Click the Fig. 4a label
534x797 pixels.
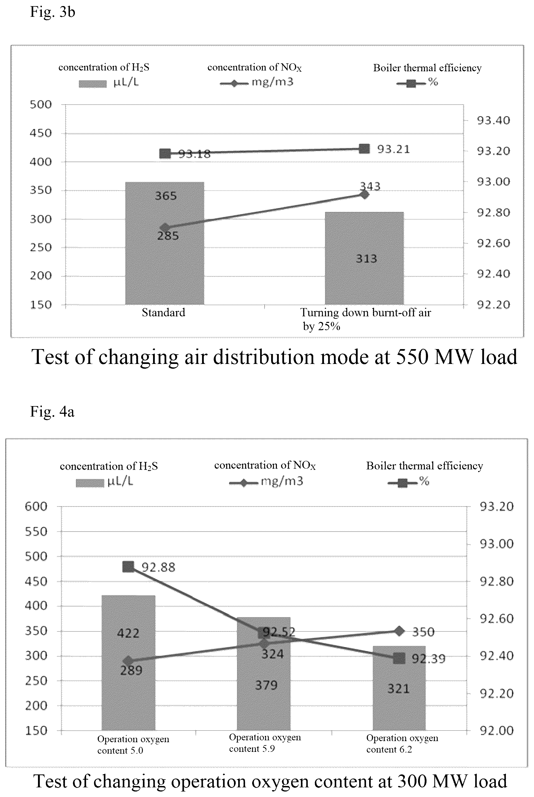click(52, 412)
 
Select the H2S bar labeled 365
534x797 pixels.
click(165, 243)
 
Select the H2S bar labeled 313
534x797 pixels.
click(364, 258)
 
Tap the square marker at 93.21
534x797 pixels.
click(364, 149)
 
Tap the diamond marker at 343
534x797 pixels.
click(364, 194)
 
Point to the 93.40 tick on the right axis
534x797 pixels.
click(494, 120)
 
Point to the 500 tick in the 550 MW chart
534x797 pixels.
click(41, 105)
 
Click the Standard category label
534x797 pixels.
click(164, 312)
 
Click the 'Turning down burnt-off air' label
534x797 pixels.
click(366, 313)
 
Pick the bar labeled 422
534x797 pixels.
click(128, 663)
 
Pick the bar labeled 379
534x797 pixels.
click(264, 674)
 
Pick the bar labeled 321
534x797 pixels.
click(399, 688)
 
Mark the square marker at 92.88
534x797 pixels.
click(128, 567)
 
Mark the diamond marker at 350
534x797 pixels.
click(399, 631)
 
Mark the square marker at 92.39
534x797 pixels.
click(399, 658)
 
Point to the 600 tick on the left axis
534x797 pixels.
click(36, 507)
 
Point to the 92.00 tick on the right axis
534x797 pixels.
click(497, 730)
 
